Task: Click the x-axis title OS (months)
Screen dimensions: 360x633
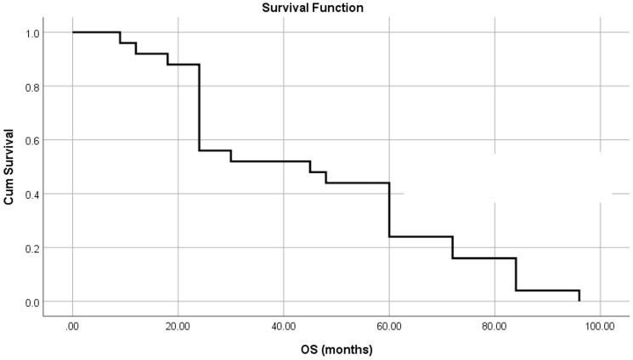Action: point(336,348)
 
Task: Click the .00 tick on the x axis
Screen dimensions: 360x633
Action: point(72,324)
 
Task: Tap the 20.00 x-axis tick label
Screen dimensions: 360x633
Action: point(178,324)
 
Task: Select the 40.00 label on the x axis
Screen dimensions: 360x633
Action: point(284,324)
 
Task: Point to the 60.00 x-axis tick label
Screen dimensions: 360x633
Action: point(389,324)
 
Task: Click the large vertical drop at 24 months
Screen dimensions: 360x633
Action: point(199,107)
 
